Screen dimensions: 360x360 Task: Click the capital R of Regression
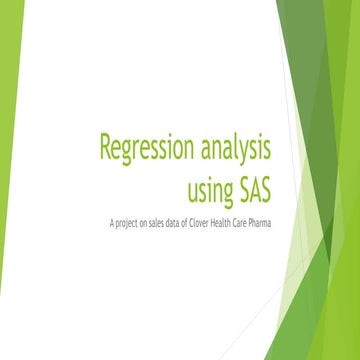coord(105,148)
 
